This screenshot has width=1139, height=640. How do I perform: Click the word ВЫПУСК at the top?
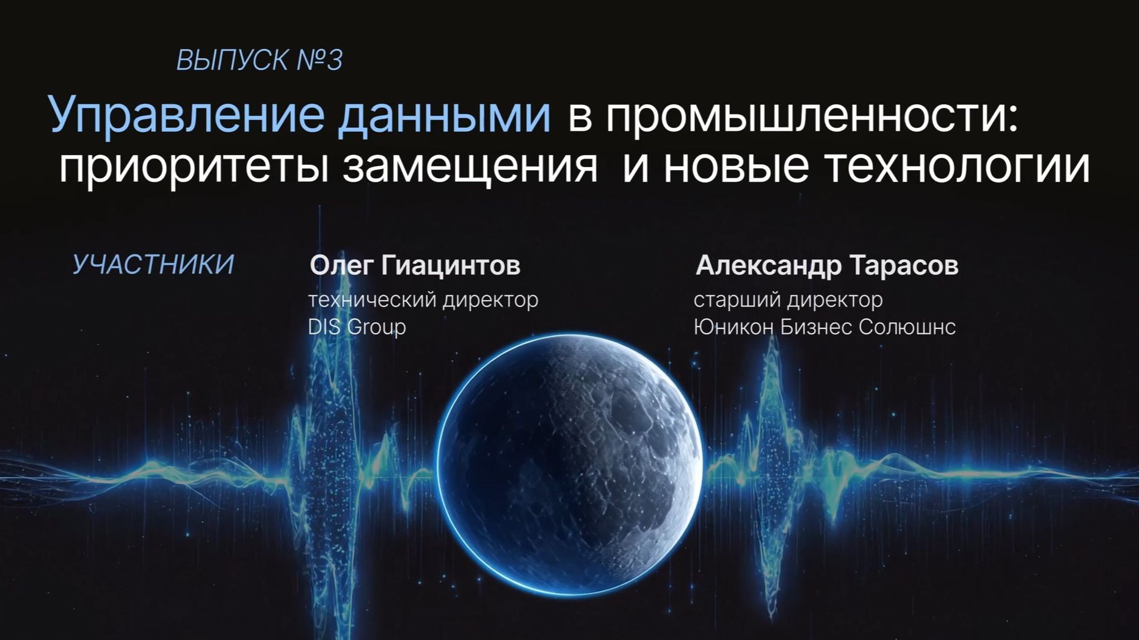[232, 60]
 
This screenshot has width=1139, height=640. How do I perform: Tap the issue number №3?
[319, 60]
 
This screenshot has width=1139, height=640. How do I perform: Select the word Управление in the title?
[186, 115]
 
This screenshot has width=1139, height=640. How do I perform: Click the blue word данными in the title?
[444, 115]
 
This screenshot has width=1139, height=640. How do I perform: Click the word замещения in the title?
[470, 166]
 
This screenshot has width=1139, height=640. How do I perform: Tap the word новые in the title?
[736, 166]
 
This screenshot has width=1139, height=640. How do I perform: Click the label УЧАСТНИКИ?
[153, 265]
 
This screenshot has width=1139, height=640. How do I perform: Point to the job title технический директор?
[423, 300]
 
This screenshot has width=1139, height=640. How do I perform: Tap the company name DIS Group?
[357, 327]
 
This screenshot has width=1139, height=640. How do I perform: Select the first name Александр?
[767, 265]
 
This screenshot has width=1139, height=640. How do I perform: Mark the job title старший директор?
[788, 300]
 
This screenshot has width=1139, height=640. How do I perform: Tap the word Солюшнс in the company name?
[907, 327]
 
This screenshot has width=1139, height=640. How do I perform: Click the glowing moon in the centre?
[569, 464]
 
